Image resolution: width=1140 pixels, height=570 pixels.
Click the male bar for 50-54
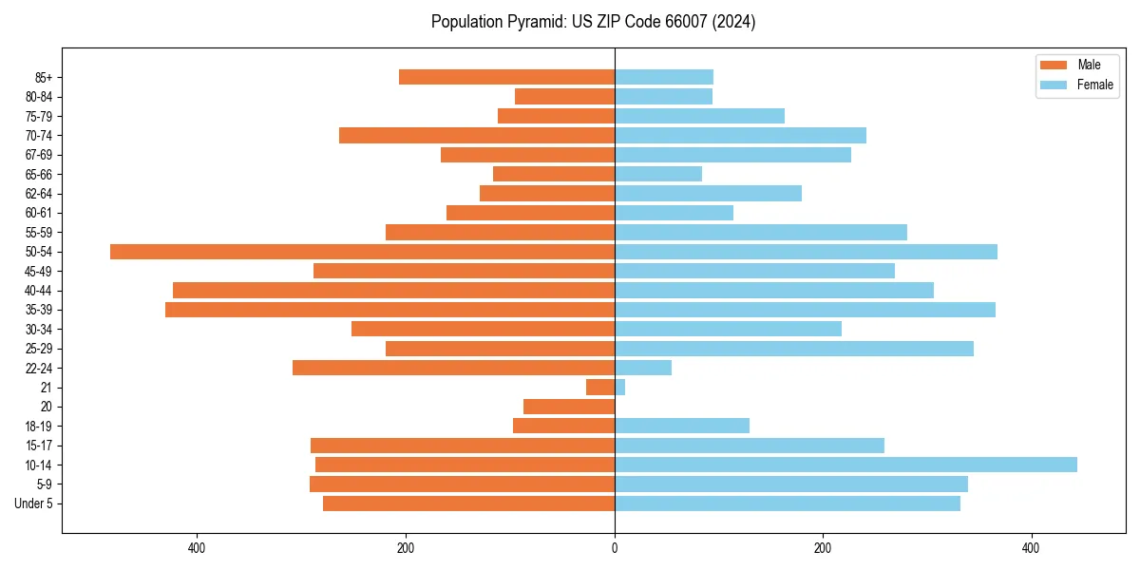[362, 252]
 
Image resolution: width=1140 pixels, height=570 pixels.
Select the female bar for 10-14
[845, 465]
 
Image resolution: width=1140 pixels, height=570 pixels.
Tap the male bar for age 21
[600, 388]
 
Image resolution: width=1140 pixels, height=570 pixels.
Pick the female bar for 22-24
[643, 368]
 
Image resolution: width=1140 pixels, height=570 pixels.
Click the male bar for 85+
[506, 77]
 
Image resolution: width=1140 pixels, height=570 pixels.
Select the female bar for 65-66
[658, 174]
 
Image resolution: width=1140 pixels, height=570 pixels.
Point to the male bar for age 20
[569, 407]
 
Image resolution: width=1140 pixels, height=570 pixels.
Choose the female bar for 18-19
[682, 426]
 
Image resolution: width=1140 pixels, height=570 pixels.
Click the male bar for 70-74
[477, 135]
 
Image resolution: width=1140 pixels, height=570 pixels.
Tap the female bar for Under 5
[788, 503]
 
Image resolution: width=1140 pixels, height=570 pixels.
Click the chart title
[593, 22]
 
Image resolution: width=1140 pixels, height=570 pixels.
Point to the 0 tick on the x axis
[615, 548]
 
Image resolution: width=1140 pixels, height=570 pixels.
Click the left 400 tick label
[197, 548]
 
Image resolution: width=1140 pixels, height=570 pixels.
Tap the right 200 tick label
[823, 548]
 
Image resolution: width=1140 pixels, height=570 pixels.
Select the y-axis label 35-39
[39, 310]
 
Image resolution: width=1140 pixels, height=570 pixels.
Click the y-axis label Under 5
[33, 503]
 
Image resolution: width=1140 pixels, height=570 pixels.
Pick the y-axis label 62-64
[39, 194]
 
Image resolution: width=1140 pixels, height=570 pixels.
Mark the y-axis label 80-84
[39, 97]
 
